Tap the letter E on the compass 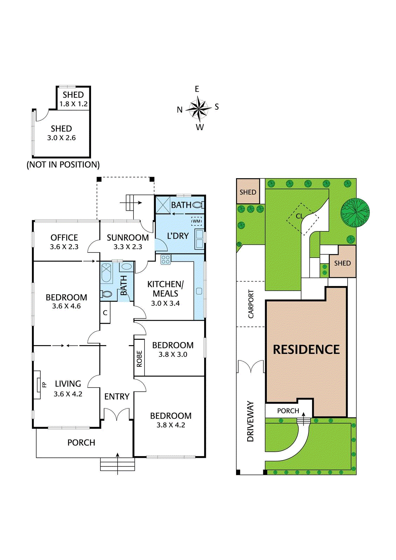[x=197, y=89]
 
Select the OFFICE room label [x=64, y=238]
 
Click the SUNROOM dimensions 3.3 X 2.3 [x=128, y=247]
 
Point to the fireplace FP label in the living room [x=44, y=384]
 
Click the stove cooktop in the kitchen [x=165, y=259]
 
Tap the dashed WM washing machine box [x=196, y=221]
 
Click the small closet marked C [x=105, y=313]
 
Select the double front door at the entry [x=117, y=414]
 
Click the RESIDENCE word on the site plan [x=306, y=350]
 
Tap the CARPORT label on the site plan [x=251, y=304]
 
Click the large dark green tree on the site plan [x=355, y=212]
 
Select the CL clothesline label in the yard [x=299, y=216]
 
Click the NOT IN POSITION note [x=63, y=164]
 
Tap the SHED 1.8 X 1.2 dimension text [x=74, y=104]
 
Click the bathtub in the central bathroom [x=107, y=273]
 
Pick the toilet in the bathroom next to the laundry [x=198, y=205]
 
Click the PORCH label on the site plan [x=288, y=411]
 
